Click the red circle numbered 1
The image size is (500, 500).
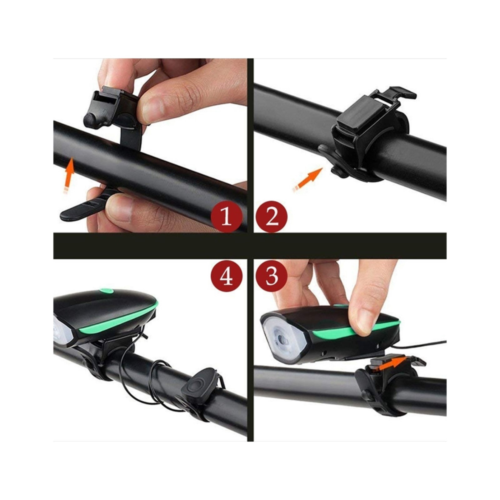226,217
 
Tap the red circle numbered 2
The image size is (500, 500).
271,217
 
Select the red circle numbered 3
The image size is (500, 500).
271,276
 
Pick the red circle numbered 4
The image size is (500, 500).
226,276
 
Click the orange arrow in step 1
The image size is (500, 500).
69,175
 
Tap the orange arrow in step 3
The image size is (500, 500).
392,364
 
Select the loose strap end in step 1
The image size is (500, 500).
84,206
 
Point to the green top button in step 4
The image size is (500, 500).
106,292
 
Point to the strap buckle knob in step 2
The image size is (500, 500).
337,172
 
